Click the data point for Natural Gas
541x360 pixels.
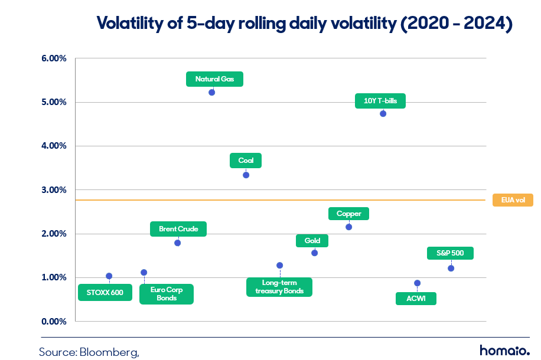212,93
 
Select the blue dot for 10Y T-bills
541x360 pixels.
383,114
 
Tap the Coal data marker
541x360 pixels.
246,175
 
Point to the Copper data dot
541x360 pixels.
349,227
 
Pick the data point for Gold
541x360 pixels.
314,253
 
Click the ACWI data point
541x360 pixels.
417,283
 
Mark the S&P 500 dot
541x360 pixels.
451,269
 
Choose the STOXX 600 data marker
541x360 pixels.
109,276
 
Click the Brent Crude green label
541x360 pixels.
178,229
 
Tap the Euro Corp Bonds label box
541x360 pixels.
167,294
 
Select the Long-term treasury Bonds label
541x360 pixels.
279,287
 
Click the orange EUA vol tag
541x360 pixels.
513,200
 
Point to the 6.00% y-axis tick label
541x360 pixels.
54,58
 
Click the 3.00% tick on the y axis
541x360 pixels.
54,190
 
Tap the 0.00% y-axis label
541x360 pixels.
54,322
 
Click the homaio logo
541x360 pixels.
505,351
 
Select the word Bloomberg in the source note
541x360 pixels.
109,352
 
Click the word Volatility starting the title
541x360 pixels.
130,24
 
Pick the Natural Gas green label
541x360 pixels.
214,79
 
